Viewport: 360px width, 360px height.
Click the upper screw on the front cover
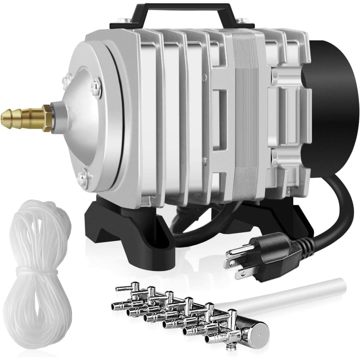pyautogui.click(x=96, y=85)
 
